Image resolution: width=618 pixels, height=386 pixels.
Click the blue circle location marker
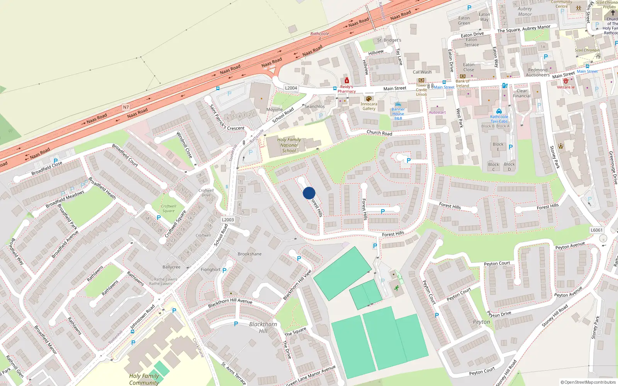(309, 193)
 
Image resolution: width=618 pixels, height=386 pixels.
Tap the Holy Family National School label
(289, 145)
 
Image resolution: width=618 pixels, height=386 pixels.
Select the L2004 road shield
(291, 88)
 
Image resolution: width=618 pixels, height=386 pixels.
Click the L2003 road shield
(228, 220)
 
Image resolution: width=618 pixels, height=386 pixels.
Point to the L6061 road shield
(596, 230)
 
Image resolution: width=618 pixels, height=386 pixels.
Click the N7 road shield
(126, 107)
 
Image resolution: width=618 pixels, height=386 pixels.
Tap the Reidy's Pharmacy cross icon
(346, 80)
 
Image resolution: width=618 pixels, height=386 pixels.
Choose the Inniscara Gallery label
(369, 106)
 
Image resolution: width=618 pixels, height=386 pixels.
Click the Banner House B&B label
(398, 114)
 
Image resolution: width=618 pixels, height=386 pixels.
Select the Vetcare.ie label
(565, 87)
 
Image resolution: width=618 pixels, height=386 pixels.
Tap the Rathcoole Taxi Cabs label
(499, 119)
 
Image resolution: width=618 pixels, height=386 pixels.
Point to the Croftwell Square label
(168, 208)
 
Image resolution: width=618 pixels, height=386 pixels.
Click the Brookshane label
(250, 254)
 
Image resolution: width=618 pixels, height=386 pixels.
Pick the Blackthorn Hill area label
(263, 327)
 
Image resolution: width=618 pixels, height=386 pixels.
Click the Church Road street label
(379, 133)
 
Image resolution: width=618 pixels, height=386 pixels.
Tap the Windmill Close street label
(184, 145)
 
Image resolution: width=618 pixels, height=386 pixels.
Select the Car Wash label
(422, 72)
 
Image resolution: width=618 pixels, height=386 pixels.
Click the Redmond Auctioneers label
(538, 73)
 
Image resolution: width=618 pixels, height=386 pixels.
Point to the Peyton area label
(481, 322)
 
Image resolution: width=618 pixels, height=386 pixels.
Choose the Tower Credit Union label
(421, 90)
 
